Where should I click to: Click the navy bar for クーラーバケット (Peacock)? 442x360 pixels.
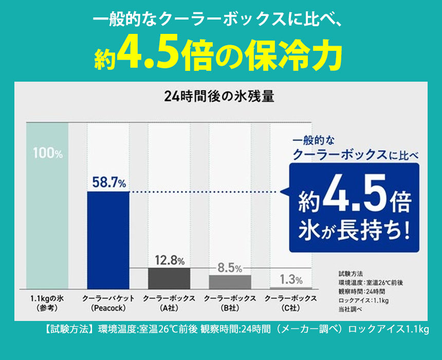pyautogui.click(x=108, y=239)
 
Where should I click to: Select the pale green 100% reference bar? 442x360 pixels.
pyautogui.click(x=47, y=205)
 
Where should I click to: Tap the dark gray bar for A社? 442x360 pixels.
pyautogui.click(x=169, y=278)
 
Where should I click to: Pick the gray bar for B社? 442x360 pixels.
pyautogui.click(x=230, y=281)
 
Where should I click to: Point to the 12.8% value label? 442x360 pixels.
pyautogui.click(x=170, y=260)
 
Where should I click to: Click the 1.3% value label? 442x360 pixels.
pyautogui.click(x=291, y=279)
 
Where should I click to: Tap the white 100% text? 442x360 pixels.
pyautogui.click(x=47, y=153)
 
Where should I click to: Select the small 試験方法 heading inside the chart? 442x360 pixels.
pyautogui.click(x=351, y=274)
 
